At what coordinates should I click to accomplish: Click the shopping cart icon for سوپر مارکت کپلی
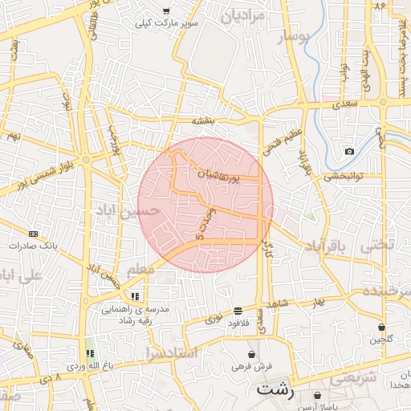pos(166,11)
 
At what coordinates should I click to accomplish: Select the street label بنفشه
pos(204,120)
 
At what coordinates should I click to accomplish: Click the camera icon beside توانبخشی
pos(349,152)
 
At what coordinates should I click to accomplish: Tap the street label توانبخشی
pos(344,175)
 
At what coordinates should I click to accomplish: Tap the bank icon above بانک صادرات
pos(33,234)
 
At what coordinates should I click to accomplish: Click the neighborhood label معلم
pos(140,270)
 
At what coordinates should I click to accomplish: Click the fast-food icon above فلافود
pos(238,311)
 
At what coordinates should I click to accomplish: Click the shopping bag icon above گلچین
pos(380,328)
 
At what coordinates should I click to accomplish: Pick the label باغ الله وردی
pos(87,366)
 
